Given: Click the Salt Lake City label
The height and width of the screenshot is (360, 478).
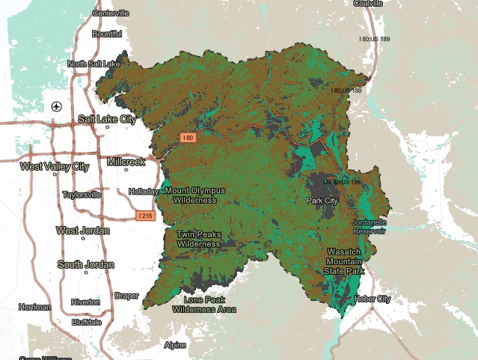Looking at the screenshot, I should point(107,119).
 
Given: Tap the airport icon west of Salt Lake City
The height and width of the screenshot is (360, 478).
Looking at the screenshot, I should point(56,106).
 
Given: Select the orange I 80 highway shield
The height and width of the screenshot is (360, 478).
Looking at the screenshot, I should point(188,138).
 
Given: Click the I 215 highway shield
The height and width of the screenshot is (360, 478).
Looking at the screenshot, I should point(146,216).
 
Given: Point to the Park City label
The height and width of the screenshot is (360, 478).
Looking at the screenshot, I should point(323,201).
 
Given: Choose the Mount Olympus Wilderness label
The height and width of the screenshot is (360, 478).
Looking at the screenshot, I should point(194,195).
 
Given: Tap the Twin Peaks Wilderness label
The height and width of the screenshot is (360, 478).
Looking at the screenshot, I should point(198,239).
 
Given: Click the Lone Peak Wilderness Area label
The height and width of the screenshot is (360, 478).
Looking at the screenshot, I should point(204,304).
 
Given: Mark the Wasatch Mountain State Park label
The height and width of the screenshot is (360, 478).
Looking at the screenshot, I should point(345,261).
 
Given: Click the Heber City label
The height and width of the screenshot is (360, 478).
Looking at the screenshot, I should point(373,299).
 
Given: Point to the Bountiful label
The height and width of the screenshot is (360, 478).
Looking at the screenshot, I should point(106,34).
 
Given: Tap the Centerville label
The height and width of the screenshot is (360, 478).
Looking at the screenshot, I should point(111,13).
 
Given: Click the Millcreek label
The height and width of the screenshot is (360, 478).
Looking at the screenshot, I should point(126,161).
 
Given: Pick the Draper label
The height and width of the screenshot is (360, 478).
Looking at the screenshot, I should point(126,296).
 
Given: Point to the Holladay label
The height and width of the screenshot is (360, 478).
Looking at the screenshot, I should point(144,192).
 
